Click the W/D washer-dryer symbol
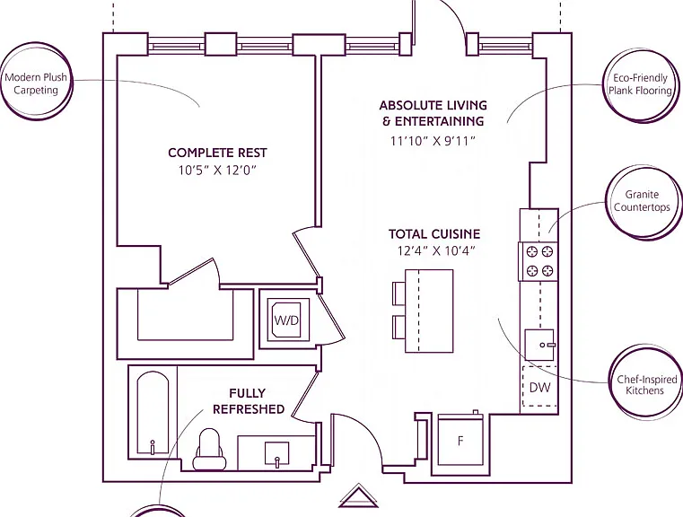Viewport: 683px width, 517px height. tap(286, 320)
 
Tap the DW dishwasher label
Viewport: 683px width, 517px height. tap(539, 387)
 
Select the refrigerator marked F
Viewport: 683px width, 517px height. tap(460, 439)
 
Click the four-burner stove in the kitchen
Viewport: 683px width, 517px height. tap(539, 261)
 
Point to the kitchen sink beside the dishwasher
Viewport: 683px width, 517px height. tap(539, 345)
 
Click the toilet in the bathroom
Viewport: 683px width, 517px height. tap(209, 449)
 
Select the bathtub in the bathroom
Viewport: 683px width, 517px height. tap(153, 413)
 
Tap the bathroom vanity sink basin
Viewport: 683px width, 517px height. tap(277, 454)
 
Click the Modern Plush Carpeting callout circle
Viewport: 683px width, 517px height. tap(37, 82)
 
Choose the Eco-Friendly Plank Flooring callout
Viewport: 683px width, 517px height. tap(641, 85)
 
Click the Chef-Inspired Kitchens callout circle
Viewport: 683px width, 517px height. tap(645, 383)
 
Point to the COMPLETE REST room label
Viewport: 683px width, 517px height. tap(217, 153)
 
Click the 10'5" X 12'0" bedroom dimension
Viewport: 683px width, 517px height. tap(216, 171)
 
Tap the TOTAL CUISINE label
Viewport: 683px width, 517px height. tap(434, 234)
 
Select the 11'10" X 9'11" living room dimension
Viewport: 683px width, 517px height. tap(433, 141)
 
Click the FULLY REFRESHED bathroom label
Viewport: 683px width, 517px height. tap(249, 401)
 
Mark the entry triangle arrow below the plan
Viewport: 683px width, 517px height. tap(358, 496)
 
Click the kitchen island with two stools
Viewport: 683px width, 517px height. tap(429, 311)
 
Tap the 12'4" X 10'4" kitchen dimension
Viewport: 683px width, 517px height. tap(435, 251)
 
